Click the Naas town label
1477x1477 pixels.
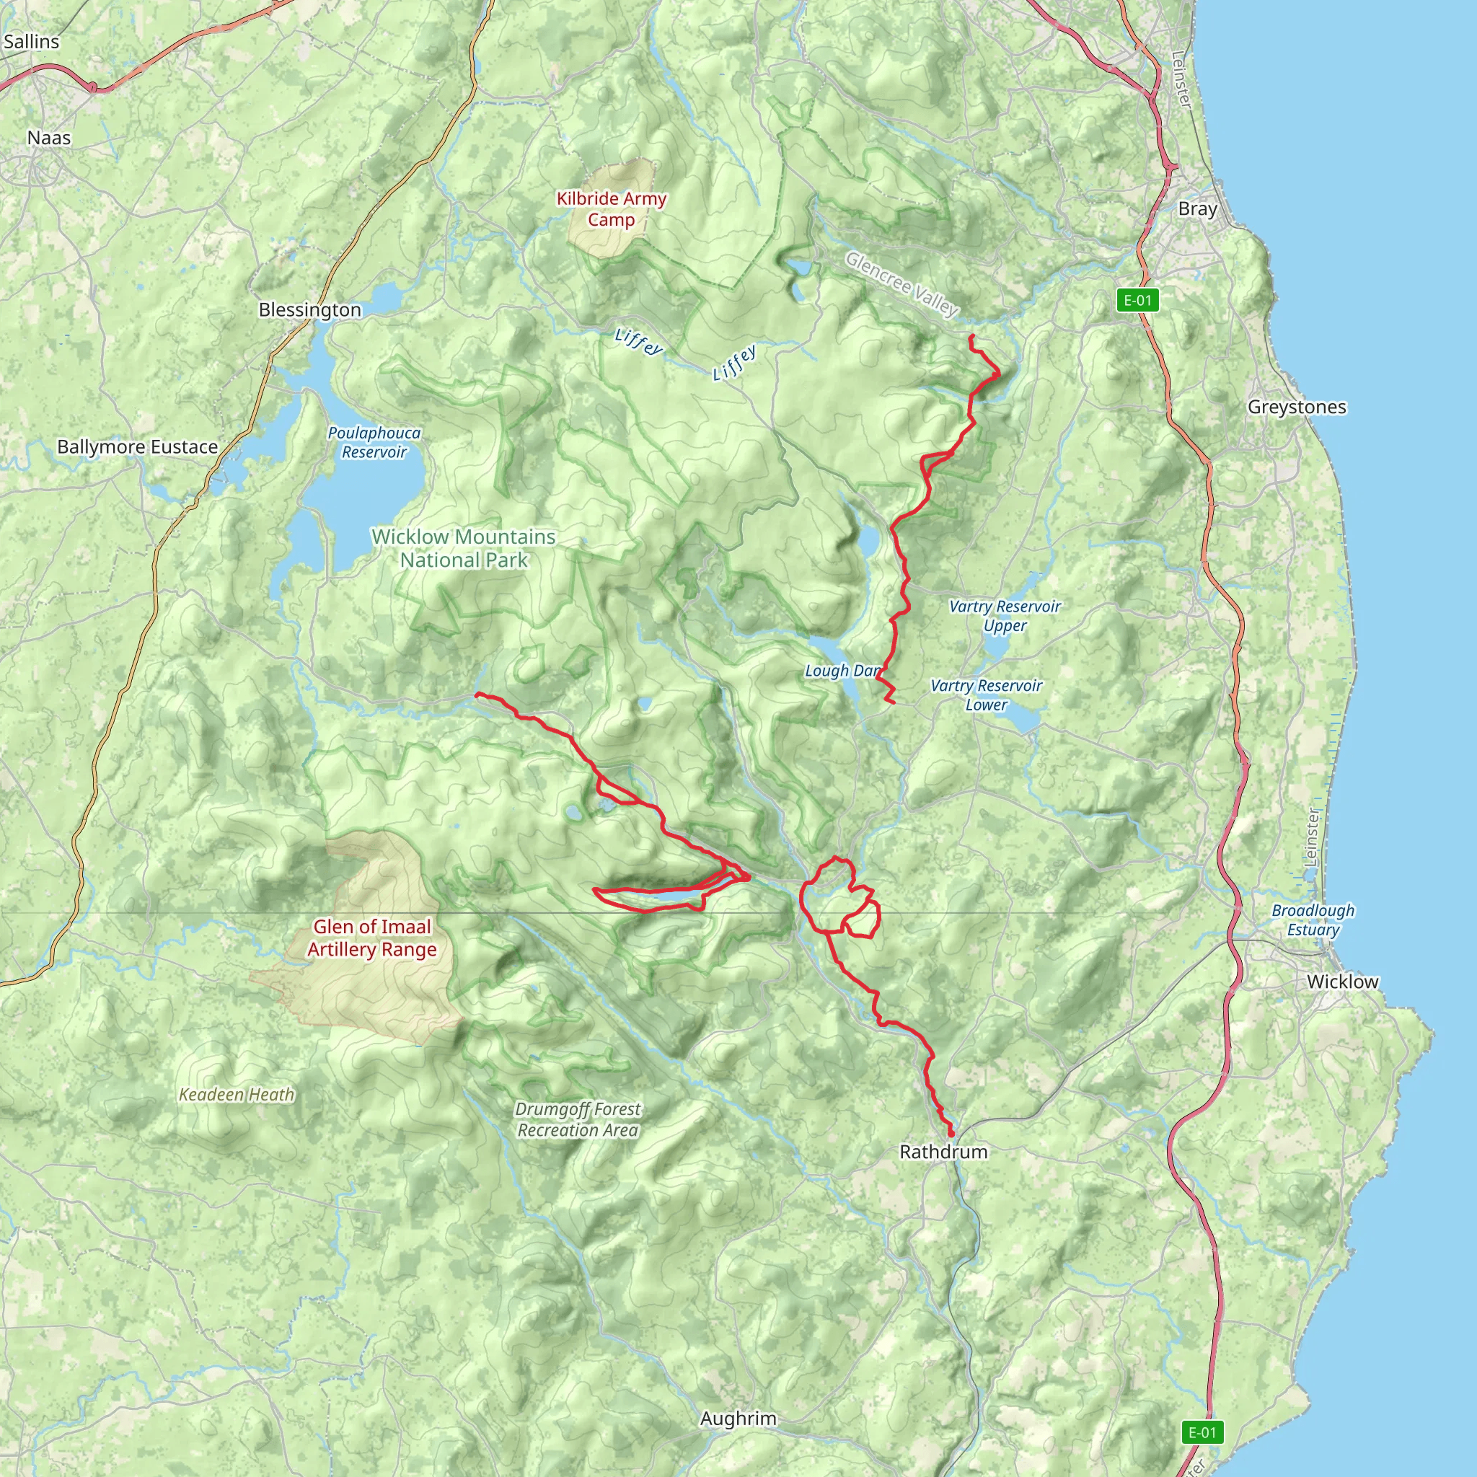[x=49, y=138]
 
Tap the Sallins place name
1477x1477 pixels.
[x=31, y=42]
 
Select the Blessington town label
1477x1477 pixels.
[x=309, y=309]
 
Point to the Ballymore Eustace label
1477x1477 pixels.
[x=138, y=447]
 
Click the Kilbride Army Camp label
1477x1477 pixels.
[x=612, y=209]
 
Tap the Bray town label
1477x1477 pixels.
[x=1197, y=208]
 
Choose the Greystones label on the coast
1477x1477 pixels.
[x=1297, y=407]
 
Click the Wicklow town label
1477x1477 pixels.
[x=1342, y=982]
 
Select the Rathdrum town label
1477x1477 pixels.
[x=943, y=1151]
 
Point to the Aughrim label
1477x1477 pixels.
[x=738, y=1419]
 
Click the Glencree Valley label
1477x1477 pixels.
[x=902, y=284]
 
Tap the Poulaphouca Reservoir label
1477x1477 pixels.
[x=374, y=443]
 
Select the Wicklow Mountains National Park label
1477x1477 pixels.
[x=463, y=549]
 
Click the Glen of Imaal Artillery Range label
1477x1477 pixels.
[x=372, y=938]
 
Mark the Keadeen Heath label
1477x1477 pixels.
[x=237, y=1095]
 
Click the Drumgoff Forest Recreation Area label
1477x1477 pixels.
[x=578, y=1119]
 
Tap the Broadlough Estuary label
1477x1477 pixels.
[x=1313, y=920]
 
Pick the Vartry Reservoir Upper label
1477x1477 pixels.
[x=1005, y=616]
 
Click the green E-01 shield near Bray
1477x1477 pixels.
[x=1137, y=301]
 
